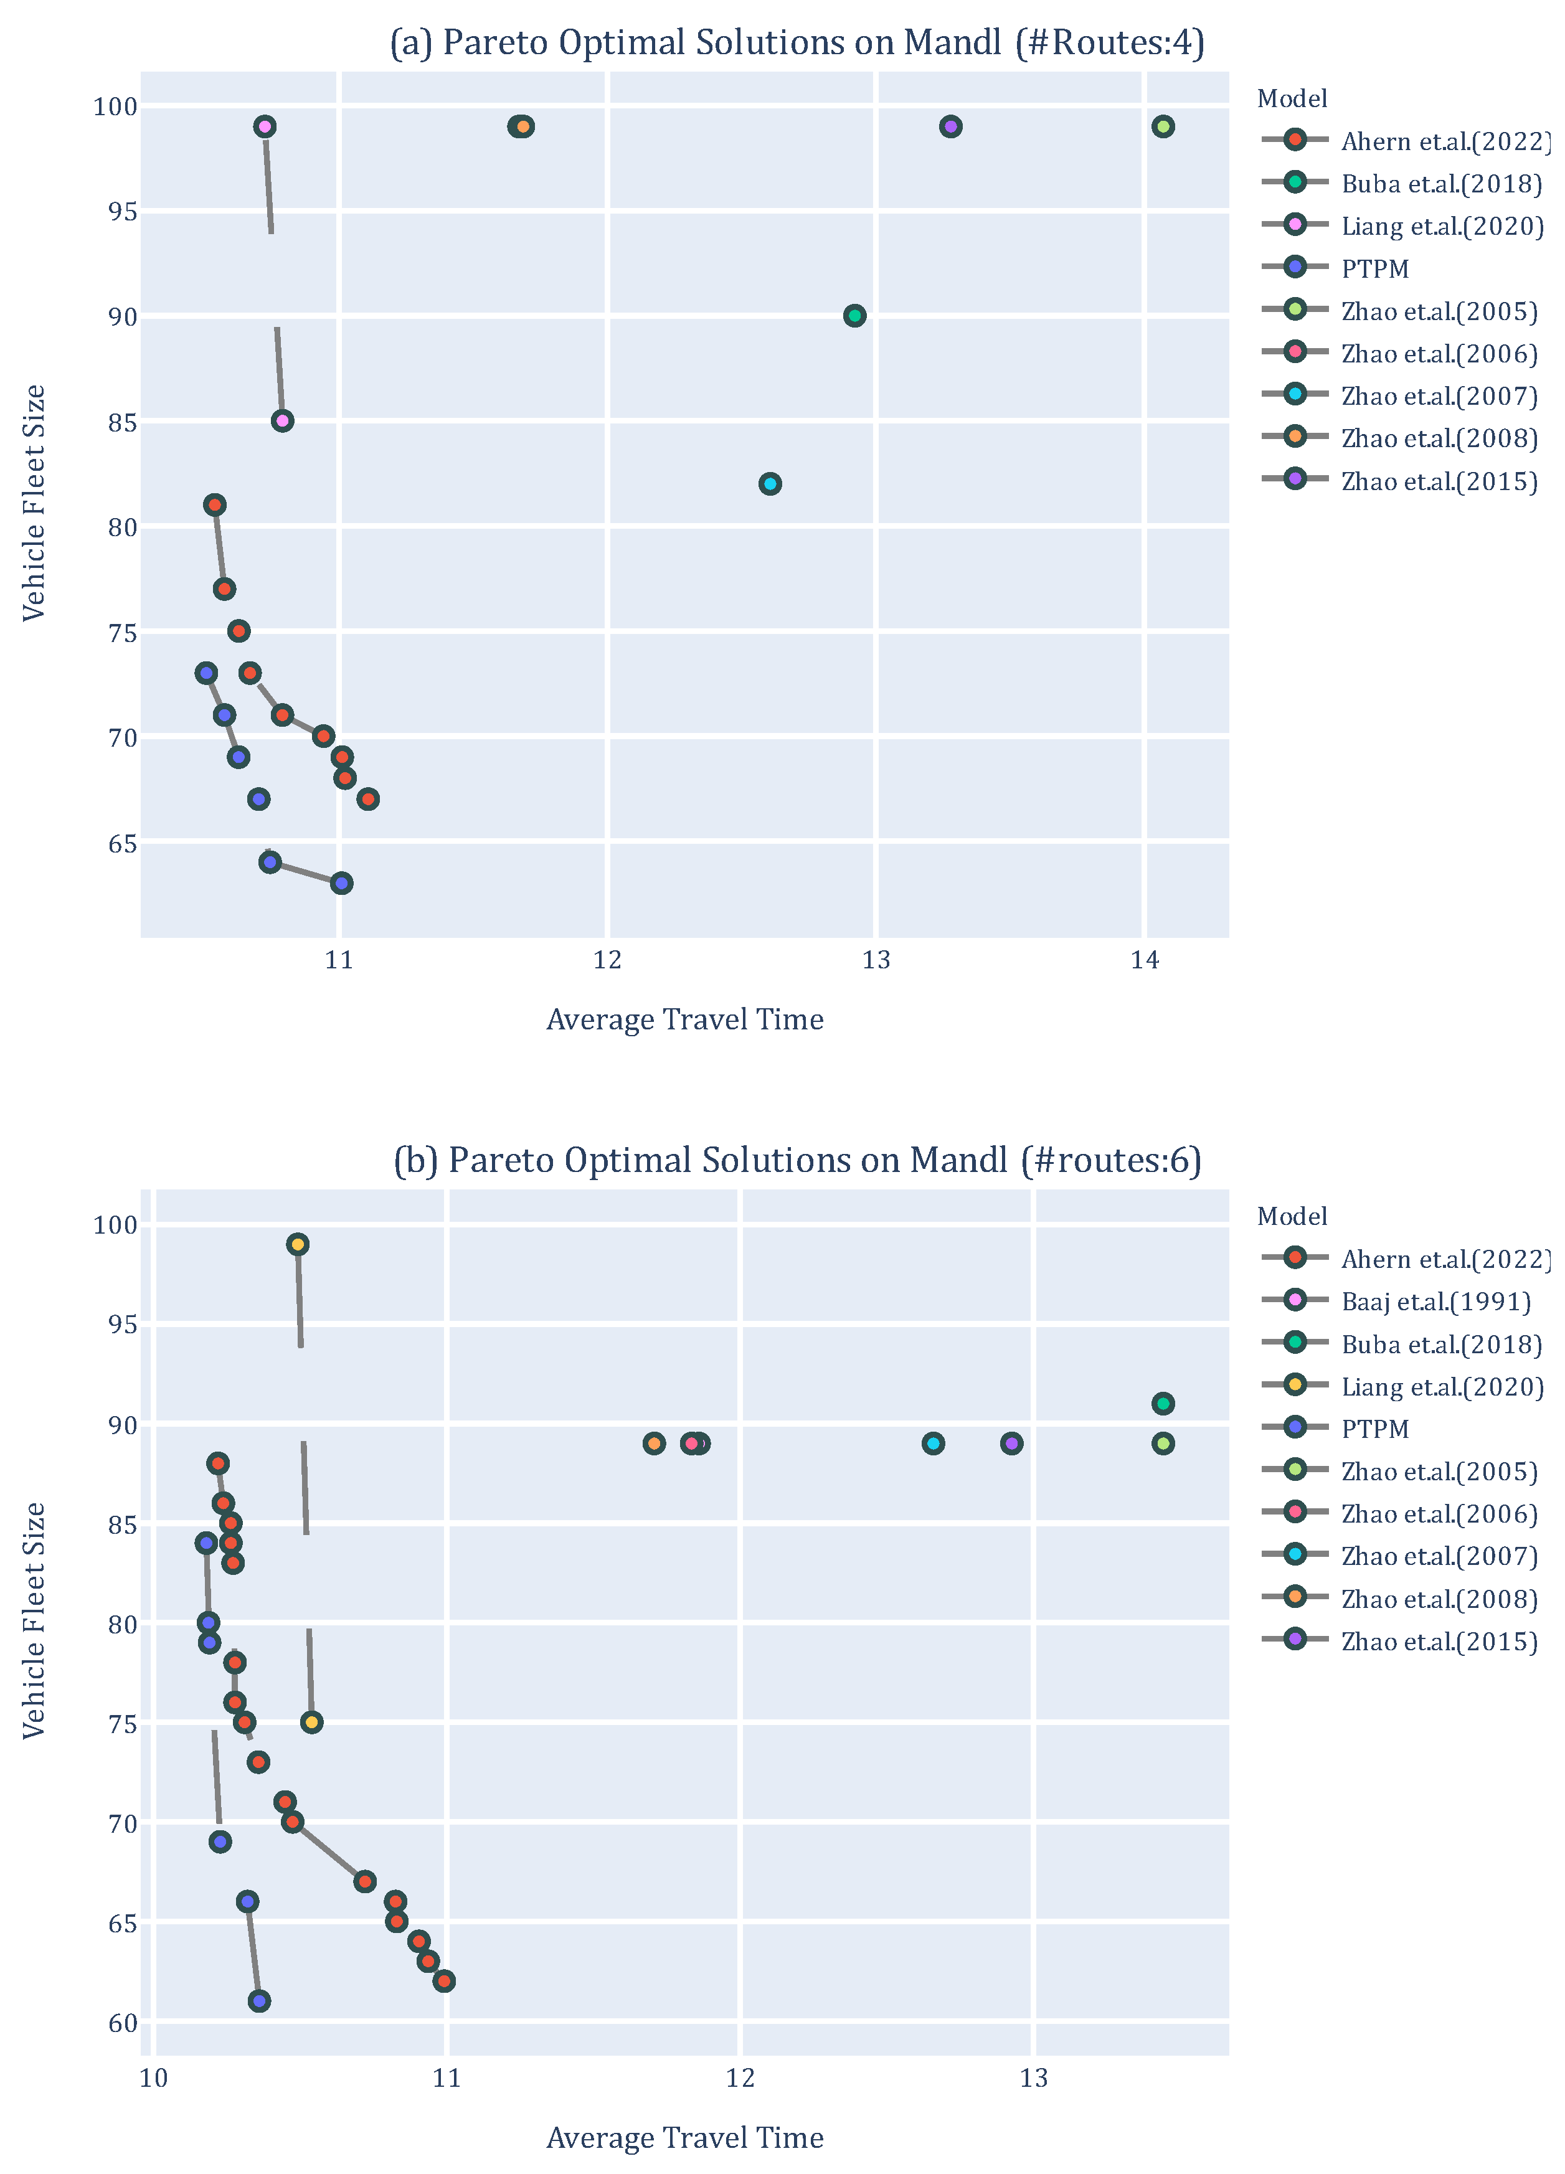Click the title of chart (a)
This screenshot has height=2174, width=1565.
click(797, 43)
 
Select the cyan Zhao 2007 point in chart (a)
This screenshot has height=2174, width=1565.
click(770, 483)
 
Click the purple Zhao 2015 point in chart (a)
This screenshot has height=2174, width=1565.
click(950, 126)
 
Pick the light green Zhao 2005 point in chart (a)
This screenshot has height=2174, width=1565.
click(1163, 126)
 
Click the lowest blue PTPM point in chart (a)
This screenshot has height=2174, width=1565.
click(341, 883)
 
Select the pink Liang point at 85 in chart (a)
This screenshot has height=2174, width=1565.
click(281, 421)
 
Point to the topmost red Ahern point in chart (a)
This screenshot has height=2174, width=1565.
click(215, 504)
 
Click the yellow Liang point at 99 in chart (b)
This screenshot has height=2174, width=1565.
click(298, 1244)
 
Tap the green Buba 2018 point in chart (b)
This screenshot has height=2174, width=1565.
click(1163, 1403)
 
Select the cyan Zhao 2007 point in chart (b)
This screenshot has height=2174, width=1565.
click(932, 1444)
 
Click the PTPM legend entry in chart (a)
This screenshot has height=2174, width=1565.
click(1374, 270)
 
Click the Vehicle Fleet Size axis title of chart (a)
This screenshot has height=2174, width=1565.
click(34, 503)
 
